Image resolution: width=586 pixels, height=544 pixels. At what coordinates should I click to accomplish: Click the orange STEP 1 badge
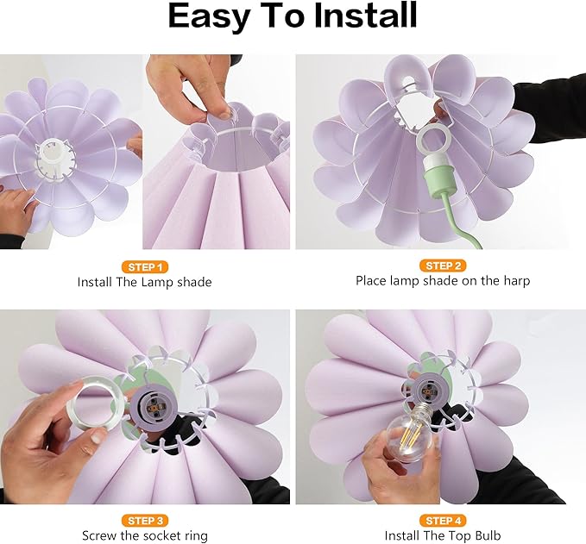145,267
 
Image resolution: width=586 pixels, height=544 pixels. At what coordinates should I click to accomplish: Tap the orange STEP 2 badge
443,266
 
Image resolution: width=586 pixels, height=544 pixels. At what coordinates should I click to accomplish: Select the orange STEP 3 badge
145,521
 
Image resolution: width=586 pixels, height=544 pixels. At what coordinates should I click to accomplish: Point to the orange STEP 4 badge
443,521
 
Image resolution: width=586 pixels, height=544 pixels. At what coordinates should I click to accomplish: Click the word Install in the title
366,15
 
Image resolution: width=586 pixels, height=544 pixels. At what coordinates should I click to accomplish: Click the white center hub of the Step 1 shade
52,155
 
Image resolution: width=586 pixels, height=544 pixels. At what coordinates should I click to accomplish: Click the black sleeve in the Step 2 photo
550,109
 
